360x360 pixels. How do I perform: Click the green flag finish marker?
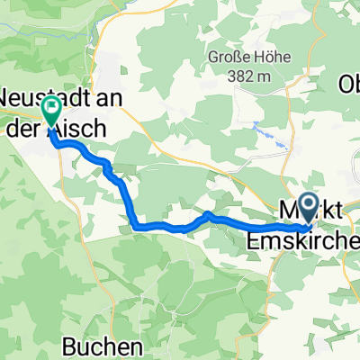[x=51, y=112]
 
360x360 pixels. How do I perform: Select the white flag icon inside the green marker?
[x=51, y=111]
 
